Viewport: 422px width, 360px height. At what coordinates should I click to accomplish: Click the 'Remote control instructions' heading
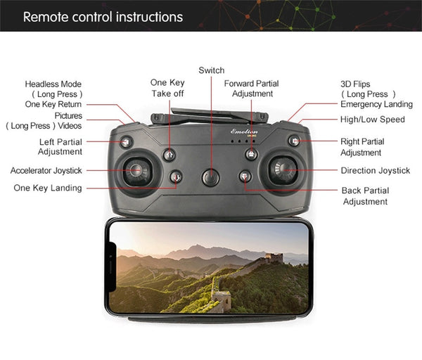[x=103, y=17]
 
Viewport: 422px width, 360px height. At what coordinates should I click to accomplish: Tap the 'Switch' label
[x=212, y=70]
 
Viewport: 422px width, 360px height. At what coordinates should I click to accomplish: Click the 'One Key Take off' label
[x=167, y=88]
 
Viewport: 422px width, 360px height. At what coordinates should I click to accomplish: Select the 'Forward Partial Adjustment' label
[x=251, y=89]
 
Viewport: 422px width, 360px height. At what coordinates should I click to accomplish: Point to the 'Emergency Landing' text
[x=376, y=104]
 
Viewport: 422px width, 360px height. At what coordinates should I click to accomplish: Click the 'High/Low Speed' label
[x=373, y=120]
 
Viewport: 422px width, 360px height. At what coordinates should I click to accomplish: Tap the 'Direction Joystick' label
[x=376, y=170]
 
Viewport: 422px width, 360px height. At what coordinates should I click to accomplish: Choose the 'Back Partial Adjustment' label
[x=365, y=196]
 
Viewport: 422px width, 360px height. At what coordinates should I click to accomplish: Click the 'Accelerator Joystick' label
[x=46, y=170]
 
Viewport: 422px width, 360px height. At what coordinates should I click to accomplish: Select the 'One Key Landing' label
[x=48, y=188]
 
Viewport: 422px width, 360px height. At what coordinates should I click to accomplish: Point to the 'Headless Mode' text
[x=53, y=84]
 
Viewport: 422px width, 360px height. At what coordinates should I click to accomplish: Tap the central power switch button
[x=211, y=178]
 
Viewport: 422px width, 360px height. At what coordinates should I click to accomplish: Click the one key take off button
[x=170, y=155]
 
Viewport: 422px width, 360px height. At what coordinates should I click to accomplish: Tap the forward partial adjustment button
[x=251, y=154]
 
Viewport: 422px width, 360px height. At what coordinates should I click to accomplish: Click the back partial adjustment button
[x=245, y=176]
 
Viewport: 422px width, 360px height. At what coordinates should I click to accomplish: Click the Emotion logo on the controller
[x=244, y=131]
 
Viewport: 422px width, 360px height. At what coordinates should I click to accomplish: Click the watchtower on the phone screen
[x=274, y=258]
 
